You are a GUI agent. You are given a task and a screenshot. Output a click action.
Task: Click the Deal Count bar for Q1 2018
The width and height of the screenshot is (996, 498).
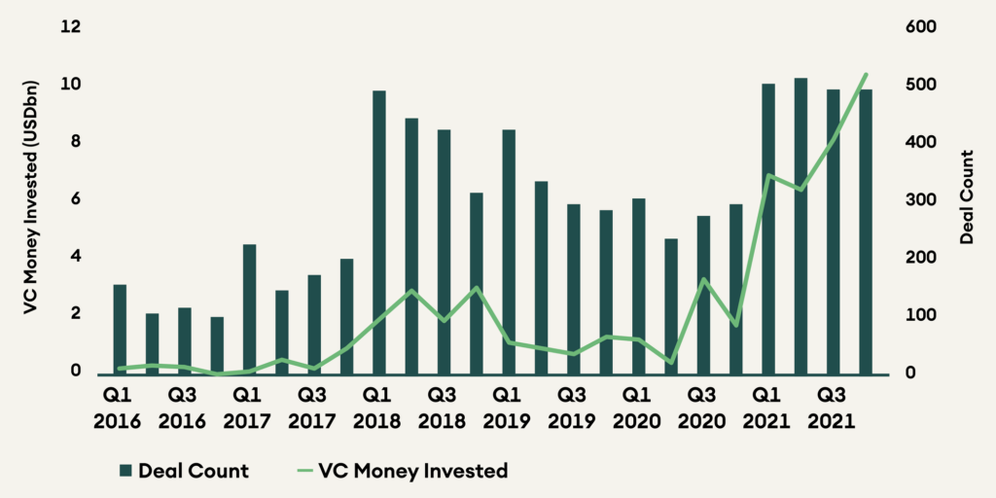click(379, 233)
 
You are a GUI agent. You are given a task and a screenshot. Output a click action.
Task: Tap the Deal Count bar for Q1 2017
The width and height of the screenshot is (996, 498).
click(249, 309)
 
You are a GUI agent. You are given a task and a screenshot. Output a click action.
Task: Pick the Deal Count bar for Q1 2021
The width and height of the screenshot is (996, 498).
click(768, 230)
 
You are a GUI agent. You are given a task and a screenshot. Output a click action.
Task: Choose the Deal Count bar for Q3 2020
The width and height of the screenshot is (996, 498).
click(703, 296)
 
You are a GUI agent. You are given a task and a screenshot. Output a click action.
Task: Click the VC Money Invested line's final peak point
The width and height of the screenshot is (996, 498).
click(866, 74)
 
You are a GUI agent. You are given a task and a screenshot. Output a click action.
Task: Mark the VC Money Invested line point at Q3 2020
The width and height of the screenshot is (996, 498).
click(703, 280)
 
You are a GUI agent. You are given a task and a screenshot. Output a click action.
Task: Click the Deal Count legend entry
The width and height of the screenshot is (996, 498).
click(184, 471)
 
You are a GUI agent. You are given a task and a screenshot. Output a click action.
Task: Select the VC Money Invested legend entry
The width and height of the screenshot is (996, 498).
click(401, 471)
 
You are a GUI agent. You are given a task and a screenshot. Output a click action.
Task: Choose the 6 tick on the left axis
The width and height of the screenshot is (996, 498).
click(74, 200)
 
